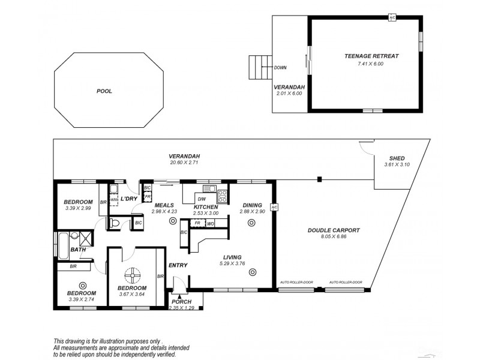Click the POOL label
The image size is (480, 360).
(x=104, y=91)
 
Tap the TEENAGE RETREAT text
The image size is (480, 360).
(x=371, y=56)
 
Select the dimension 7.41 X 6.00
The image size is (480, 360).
(x=371, y=64)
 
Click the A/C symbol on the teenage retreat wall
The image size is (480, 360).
(x=392, y=17)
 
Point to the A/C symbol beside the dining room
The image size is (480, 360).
(x=274, y=208)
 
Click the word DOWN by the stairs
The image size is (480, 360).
(x=280, y=68)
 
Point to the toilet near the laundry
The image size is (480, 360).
(x=115, y=223)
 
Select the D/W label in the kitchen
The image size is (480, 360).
(x=202, y=199)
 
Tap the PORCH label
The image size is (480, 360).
(x=181, y=301)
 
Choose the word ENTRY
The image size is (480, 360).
(x=178, y=265)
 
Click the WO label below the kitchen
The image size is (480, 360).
(x=211, y=223)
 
